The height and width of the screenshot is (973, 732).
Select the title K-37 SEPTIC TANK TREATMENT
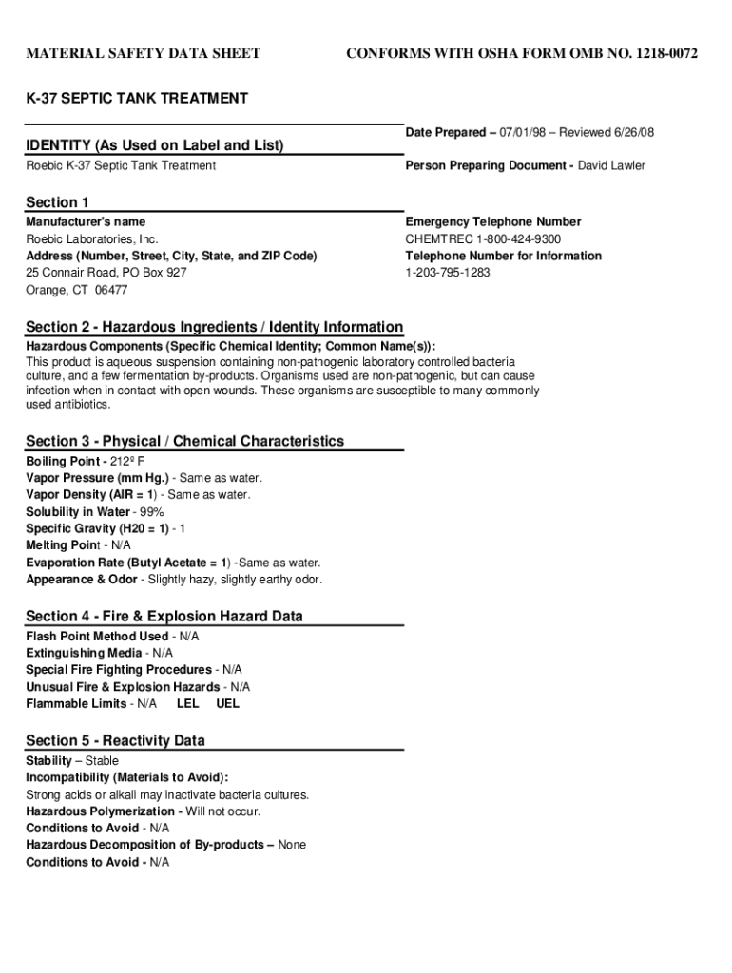(137, 99)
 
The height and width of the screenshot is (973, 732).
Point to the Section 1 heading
(57, 202)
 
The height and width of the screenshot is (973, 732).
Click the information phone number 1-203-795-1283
(448, 273)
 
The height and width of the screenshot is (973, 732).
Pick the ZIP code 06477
(110, 290)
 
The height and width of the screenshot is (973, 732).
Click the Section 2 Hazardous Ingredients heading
(214, 327)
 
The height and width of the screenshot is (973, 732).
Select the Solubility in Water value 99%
(151, 512)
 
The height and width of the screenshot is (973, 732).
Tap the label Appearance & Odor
(82, 580)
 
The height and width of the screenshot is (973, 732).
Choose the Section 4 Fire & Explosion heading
(164, 616)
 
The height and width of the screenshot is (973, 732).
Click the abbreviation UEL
(228, 704)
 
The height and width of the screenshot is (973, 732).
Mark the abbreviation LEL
(188, 704)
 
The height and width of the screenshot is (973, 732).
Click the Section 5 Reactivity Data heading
(115, 740)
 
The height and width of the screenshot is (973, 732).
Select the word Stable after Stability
(103, 761)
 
